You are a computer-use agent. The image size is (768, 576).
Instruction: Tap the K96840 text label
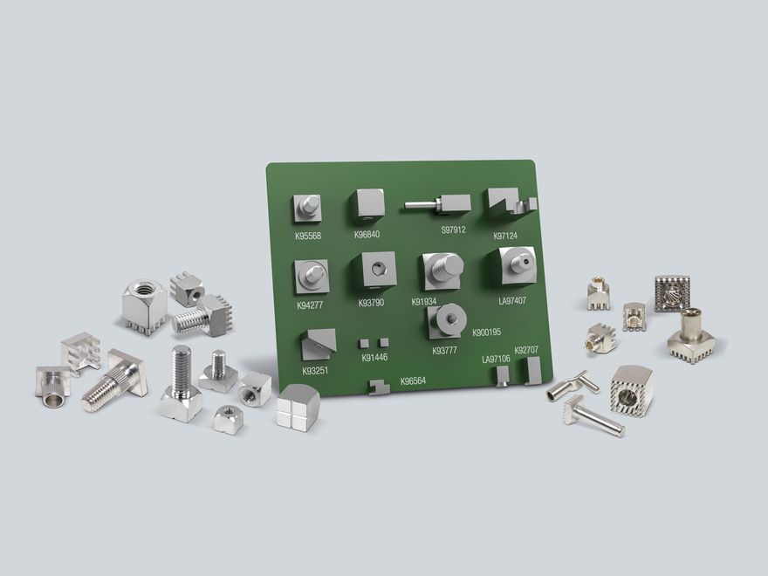click(367, 234)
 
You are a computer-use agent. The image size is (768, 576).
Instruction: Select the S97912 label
click(453, 230)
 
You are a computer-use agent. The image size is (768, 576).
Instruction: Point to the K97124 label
click(505, 236)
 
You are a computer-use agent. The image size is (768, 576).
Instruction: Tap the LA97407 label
click(512, 300)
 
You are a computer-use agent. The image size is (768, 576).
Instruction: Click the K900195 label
click(487, 333)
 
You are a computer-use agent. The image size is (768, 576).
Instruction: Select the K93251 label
click(316, 370)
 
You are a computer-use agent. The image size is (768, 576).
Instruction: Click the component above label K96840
click(367, 206)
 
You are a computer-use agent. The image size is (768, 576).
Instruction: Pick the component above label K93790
click(376, 272)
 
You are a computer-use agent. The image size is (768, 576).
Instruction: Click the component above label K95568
click(307, 208)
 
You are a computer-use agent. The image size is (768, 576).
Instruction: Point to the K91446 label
click(374, 358)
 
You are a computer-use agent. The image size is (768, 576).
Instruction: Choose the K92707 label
click(526, 350)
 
